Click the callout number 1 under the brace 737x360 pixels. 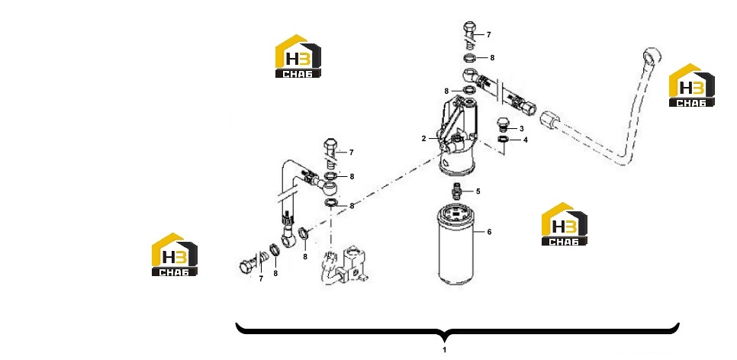point(444,349)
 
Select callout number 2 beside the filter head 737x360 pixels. point(423,139)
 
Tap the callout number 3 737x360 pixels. point(522,128)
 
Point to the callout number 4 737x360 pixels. point(525,140)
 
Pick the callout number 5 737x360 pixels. point(478,191)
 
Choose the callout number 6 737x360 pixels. point(489,232)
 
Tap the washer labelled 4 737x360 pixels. point(503,139)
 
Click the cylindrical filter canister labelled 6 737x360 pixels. point(455,246)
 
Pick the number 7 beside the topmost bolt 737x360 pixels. point(489,35)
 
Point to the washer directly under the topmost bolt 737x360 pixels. point(469,58)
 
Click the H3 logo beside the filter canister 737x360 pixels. point(564,224)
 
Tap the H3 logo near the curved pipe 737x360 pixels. point(691,85)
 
